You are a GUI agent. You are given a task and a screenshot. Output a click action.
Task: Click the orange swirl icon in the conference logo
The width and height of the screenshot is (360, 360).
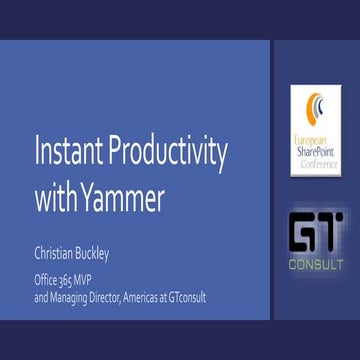tap(316, 109)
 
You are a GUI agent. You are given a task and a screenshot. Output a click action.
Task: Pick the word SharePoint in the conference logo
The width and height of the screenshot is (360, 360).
tap(317, 152)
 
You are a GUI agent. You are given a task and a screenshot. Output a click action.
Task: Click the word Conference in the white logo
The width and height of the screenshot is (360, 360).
tap(317, 162)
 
